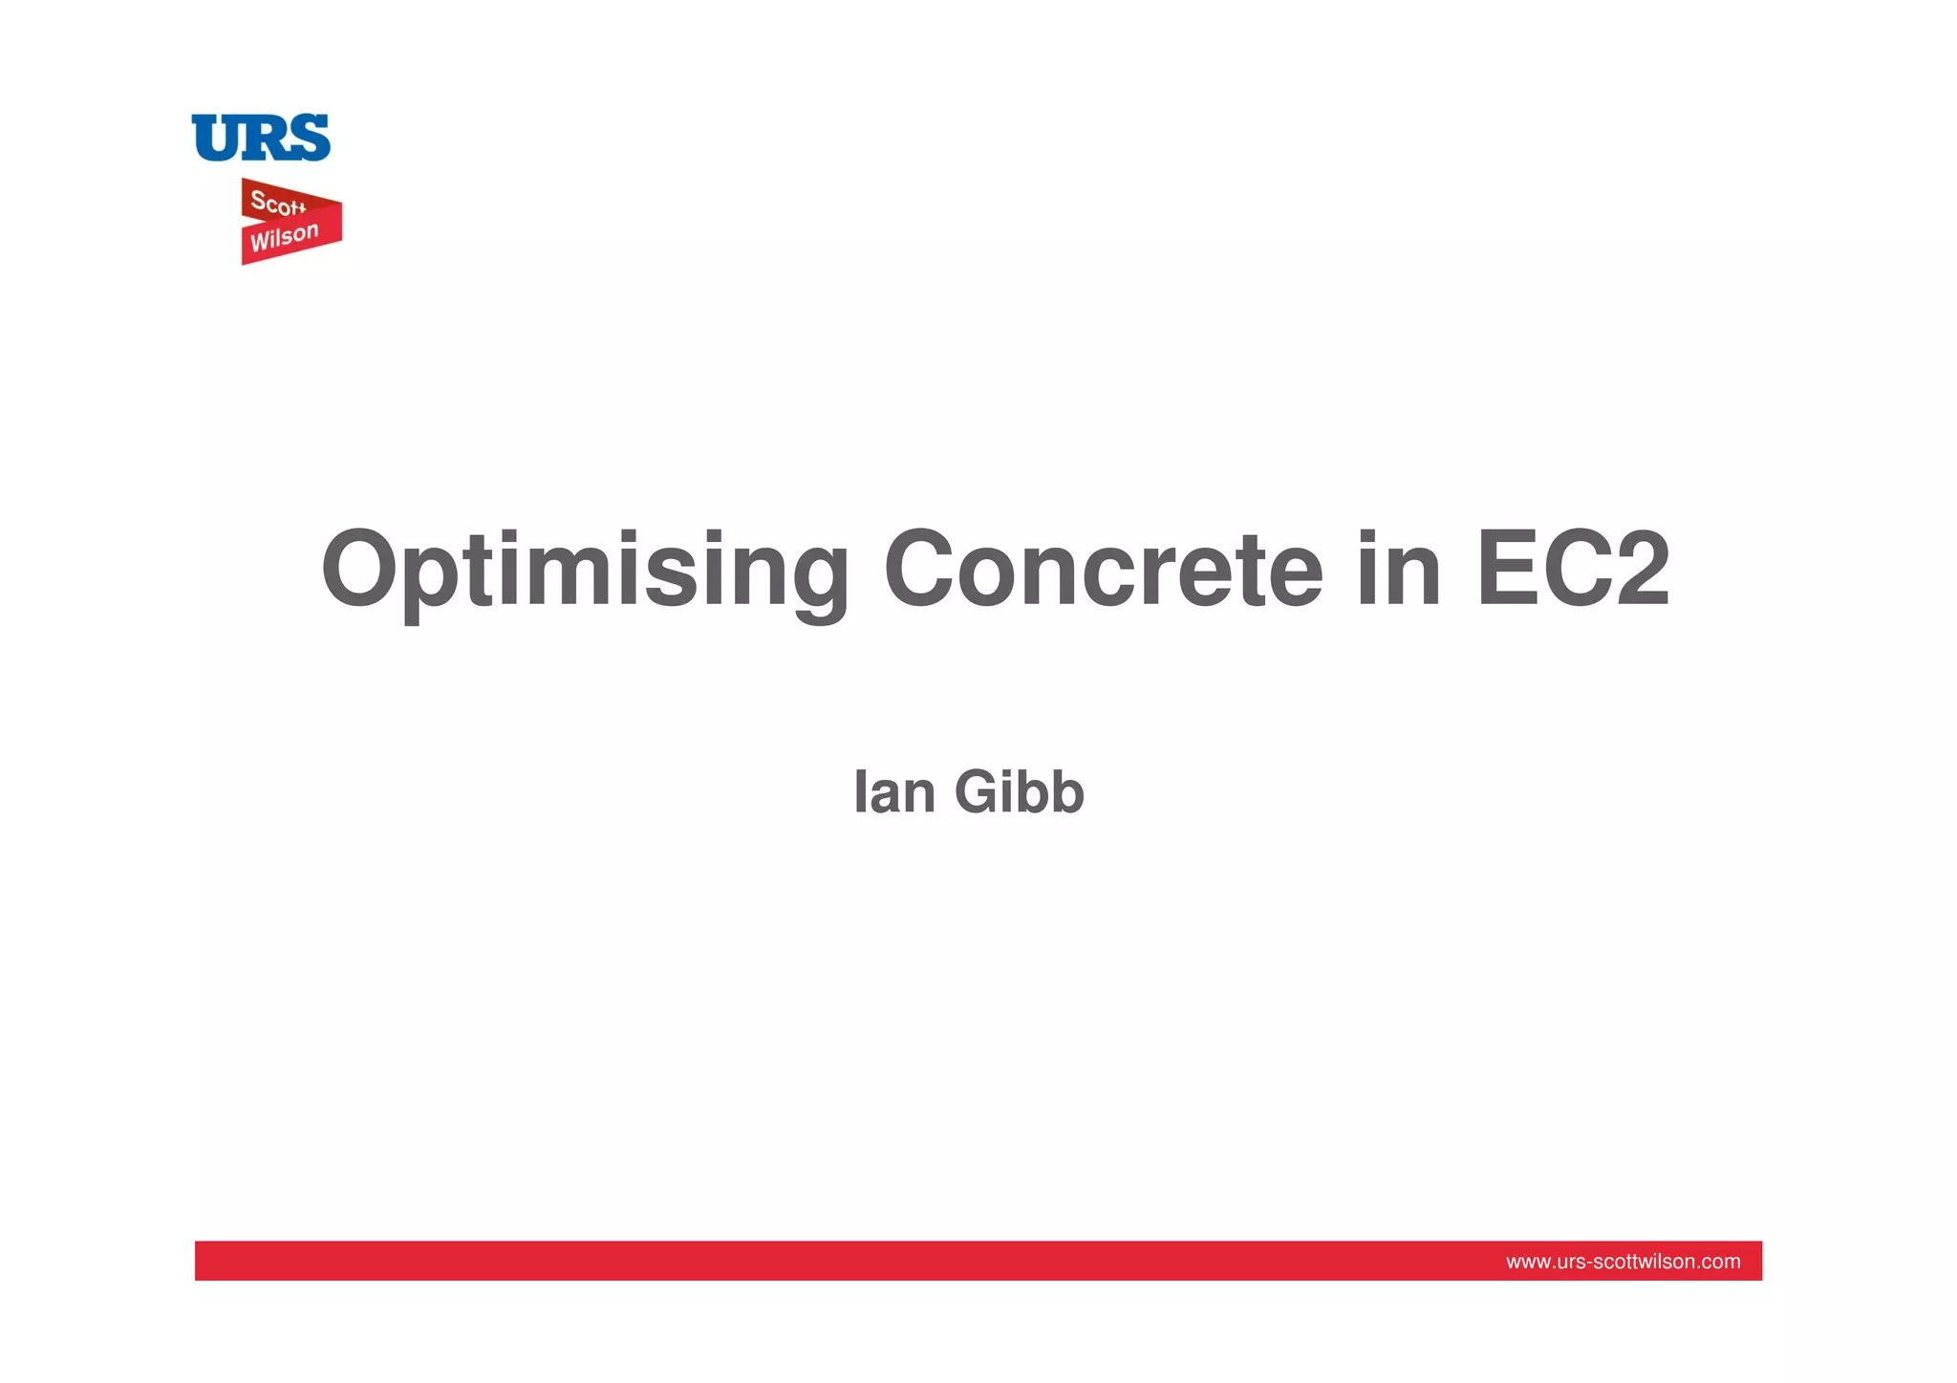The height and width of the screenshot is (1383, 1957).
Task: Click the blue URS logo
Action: pos(261,138)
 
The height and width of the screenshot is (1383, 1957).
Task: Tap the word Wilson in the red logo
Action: pos(284,237)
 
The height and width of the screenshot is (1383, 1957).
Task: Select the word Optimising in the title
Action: pos(584,570)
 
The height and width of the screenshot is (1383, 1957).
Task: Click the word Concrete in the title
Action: pos(1103,570)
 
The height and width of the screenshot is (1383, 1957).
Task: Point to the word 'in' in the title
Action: pos(1398,570)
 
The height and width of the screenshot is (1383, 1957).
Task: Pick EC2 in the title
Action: pos(1573,570)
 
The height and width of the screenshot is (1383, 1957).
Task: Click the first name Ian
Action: pos(893,792)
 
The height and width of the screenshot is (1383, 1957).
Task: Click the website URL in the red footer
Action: pos(1623,1262)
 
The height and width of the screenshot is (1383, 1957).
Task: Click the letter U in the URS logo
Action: pos(215,138)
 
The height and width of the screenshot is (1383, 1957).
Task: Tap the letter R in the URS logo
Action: pos(262,138)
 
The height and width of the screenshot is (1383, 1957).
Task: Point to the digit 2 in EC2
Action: pos(1640,570)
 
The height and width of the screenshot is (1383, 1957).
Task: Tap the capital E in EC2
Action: pos(1505,570)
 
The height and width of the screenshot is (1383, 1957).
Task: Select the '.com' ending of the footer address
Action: pos(1721,1262)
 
